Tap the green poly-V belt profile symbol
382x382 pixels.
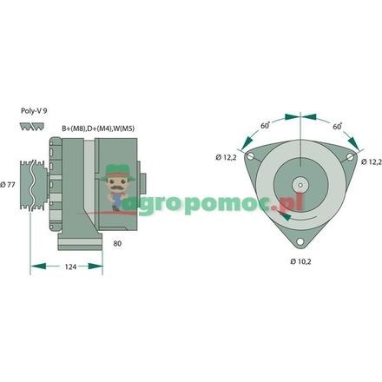(31, 128)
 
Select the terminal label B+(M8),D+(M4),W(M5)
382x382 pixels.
(97, 129)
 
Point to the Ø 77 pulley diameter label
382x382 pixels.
(10, 184)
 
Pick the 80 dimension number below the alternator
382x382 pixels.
(117, 244)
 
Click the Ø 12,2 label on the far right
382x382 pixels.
(372, 161)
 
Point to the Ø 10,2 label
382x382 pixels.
(300, 260)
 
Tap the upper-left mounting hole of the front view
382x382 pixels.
(250, 157)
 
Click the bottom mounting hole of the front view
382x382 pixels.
(300, 242)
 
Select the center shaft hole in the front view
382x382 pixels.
(300, 185)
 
